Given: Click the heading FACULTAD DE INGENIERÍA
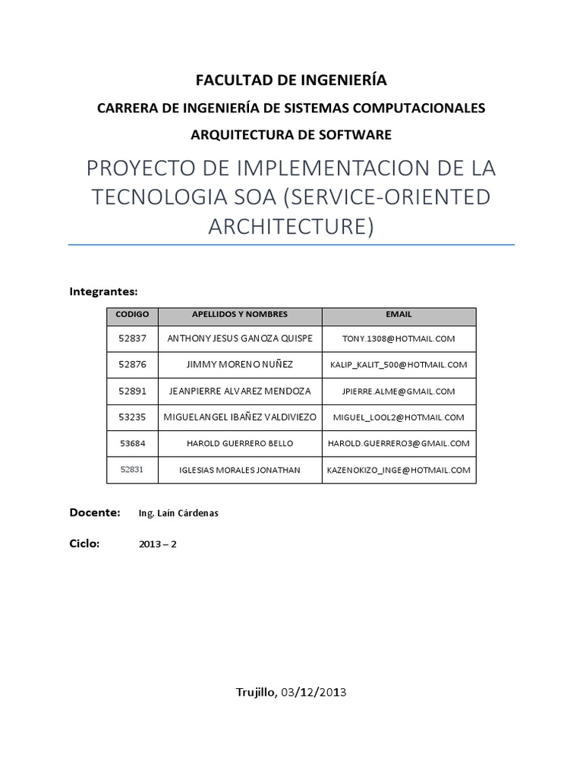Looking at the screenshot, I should (x=291, y=80).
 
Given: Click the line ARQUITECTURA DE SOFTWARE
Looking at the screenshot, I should (x=291, y=135).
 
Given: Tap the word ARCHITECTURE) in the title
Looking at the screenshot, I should (x=291, y=226).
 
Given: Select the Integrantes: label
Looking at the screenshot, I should (x=103, y=291).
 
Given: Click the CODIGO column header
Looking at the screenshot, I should (x=132, y=314).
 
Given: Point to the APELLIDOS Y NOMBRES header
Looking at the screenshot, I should (x=239, y=314).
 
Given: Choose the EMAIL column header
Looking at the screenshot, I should (x=399, y=314).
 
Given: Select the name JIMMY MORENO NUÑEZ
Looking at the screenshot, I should (x=239, y=365).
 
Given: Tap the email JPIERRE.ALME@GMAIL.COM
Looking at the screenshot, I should (x=399, y=392).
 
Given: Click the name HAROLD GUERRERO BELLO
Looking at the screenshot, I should (x=239, y=444).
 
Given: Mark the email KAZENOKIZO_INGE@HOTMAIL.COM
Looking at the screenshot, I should (x=399, y=470).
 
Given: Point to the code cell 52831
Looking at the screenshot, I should (x=132, y=470).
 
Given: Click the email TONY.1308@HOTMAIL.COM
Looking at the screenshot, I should (x=399, y=338).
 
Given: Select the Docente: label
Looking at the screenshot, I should (x=95, y=513).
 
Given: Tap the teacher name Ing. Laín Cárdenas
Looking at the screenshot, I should (x=178, y=514).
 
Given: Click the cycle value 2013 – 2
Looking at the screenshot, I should (x=158, y=544).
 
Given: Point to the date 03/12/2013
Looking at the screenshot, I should (x=314, y=692).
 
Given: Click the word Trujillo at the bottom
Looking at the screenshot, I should (x=255, y=692).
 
